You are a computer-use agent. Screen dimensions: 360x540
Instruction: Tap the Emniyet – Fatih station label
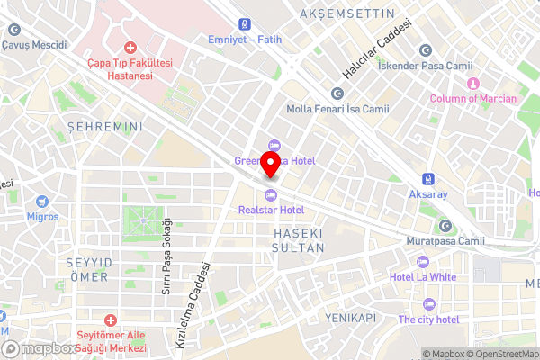coord(245,38)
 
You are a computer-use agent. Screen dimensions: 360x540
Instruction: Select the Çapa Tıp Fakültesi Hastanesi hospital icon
coord(130,47)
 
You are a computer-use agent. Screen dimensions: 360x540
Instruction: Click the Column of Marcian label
coord(472,98)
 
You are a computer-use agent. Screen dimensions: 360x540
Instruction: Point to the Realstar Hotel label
coord(271,210)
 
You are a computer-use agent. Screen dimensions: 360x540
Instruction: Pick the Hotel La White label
coord(422,277)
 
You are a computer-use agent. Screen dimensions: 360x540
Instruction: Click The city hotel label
coord(428,319)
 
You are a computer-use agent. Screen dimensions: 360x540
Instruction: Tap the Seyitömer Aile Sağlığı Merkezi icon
coord(111,320)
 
